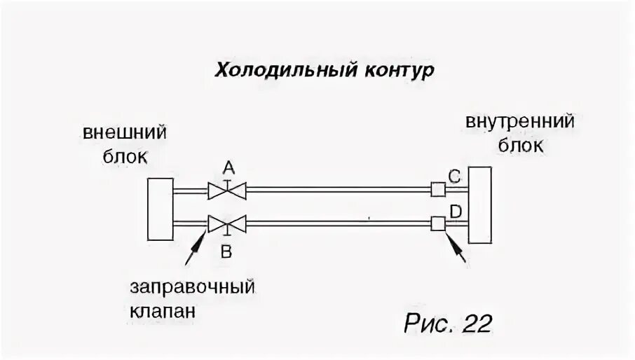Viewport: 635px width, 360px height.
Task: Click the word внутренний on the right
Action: pyautogui.click(x=520, y=122)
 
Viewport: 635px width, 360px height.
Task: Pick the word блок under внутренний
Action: pyautogui.click(x=519, y=146)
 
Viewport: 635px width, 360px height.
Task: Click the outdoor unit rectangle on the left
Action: pyautogui.click(x=161, y=207)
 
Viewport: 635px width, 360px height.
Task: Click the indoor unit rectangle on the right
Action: pyautogui.click(x=483, y=205)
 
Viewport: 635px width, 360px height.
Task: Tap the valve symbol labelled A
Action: pyautogui.click(x=226, y=190)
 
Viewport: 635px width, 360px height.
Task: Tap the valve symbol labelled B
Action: pyautogui.click(x=226, y=224)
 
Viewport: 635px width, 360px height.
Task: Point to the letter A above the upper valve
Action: pyautogui.click(x=228, y=168)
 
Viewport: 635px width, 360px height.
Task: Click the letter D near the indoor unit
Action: pyautogui.click(x=456, y=212)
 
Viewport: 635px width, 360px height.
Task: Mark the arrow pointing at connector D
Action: pyautogui.click(x=456, y=248)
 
